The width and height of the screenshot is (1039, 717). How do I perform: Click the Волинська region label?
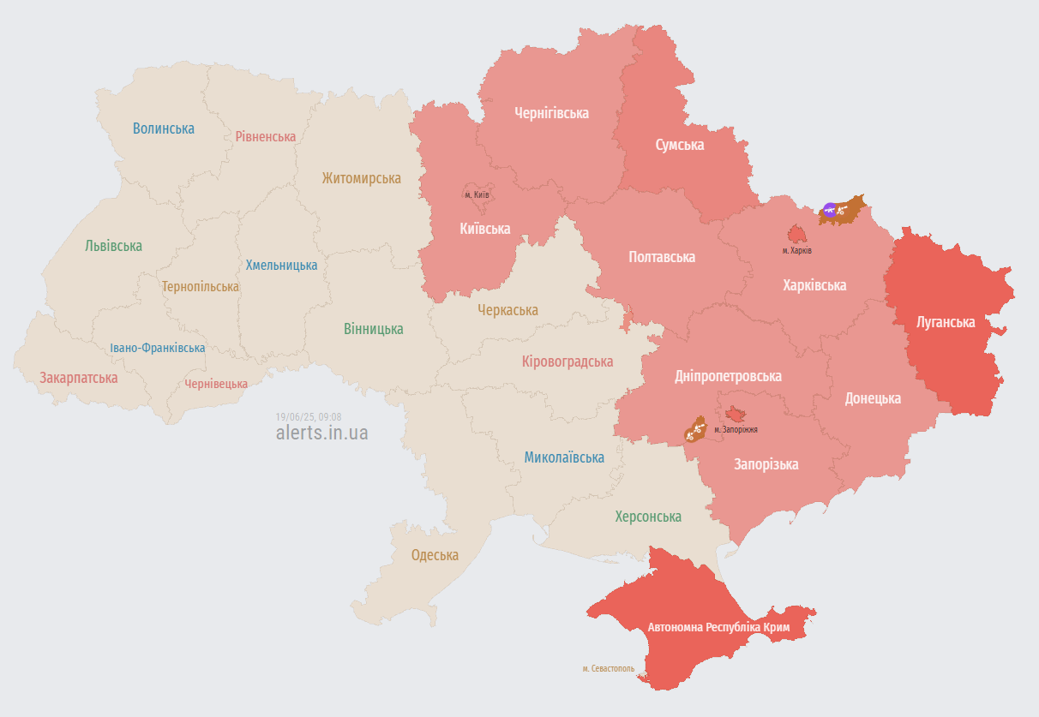(x=163, y=128)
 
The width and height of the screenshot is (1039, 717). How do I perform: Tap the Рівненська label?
(x=266, y=137)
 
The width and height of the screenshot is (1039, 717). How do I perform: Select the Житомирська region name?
(x=362, y=178)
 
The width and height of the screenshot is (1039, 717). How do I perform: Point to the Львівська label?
(x=113, y=246)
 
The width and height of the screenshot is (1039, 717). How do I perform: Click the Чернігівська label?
(x=551, y=112)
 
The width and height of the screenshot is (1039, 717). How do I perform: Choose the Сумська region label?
(x=679, y=145)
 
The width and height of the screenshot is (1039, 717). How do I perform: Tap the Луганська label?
(x=946, y=322)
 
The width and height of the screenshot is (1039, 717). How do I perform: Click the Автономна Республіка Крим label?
(x=725, y=627)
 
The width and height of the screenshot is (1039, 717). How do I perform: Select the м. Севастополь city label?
(x=609, y=668)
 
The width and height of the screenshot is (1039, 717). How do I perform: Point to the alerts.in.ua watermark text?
(x=321, y=433)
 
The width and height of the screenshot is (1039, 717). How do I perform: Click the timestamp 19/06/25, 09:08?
(x=309, y=416)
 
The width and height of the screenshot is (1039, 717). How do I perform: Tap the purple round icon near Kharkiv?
(x=830, y=209)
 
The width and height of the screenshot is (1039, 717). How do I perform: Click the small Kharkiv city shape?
(x=797, y=234)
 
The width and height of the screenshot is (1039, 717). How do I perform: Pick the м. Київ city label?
(x=477, y=195)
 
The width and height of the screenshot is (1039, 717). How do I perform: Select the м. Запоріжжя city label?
(x=736, y=429)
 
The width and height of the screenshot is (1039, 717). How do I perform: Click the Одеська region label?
(x=435, y=555)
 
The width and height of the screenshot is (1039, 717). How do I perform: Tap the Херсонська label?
(x=648, y=517)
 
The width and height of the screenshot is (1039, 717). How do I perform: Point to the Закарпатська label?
(x=78, y=377)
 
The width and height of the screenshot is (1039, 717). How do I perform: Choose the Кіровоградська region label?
(x=567, y=361)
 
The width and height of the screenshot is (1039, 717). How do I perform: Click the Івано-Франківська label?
(x=157, y=348)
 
